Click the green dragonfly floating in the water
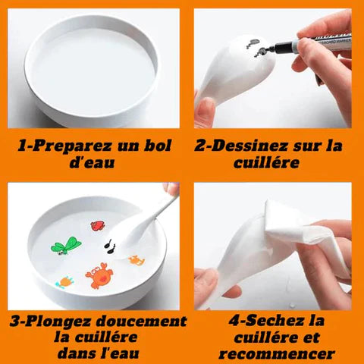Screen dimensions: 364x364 (66, 246)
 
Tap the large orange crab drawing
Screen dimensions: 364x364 (99, 275)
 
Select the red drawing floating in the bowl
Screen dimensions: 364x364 (98, 225)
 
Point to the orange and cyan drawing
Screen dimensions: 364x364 (64, 282)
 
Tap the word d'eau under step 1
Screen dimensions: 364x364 (92, 162)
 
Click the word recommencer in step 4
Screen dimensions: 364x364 (277, 354)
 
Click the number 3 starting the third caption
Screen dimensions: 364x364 (14, 322)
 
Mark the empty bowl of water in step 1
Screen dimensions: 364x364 (92, 71)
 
